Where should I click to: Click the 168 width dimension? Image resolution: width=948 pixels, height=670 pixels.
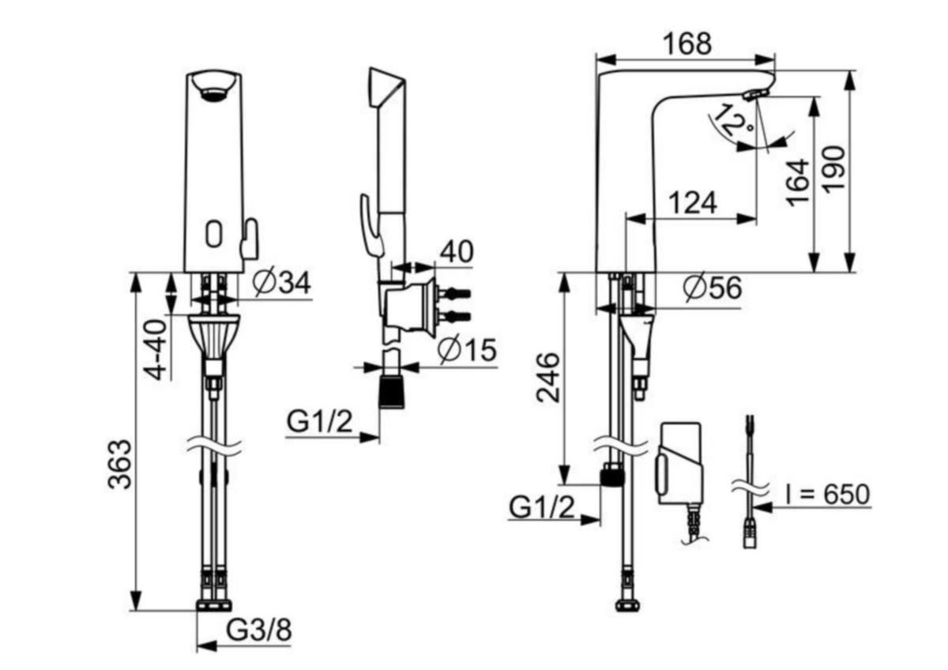[687, 44]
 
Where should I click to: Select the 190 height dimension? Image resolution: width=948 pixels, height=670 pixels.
[834, 169]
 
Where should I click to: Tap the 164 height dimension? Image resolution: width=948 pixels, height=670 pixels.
[799, 183]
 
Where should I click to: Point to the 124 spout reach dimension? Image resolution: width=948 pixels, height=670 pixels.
[693, 203]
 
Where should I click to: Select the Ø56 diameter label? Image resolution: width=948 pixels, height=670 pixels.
[713, 288]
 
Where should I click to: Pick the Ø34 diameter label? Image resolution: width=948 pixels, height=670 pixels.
[281, 282]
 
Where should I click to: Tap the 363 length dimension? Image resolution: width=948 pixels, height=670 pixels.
[119, 465]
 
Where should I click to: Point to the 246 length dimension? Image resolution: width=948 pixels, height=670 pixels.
[547, 377]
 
